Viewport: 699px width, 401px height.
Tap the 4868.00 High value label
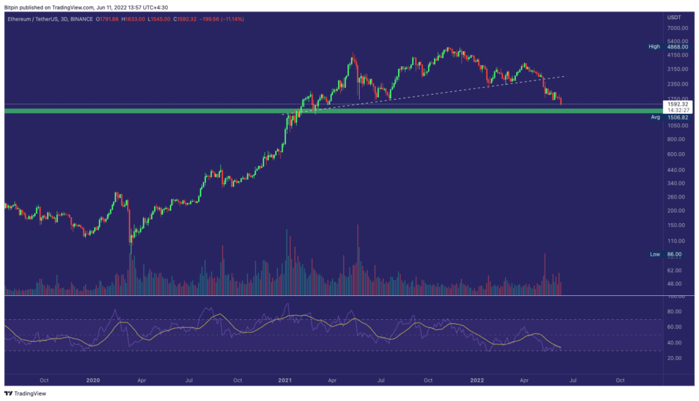tap(676, 46)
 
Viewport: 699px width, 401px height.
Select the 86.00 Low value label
tap(674, 254)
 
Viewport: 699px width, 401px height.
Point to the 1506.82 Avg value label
tap(676, 117)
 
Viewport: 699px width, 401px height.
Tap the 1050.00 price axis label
tap(676, 125)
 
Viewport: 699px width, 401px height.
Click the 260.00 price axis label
tap(675, 197)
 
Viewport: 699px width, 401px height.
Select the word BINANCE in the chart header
tap(83, 18)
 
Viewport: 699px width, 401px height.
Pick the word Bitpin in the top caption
tap(12, 6)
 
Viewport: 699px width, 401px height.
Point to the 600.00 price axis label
tap(675, 153)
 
